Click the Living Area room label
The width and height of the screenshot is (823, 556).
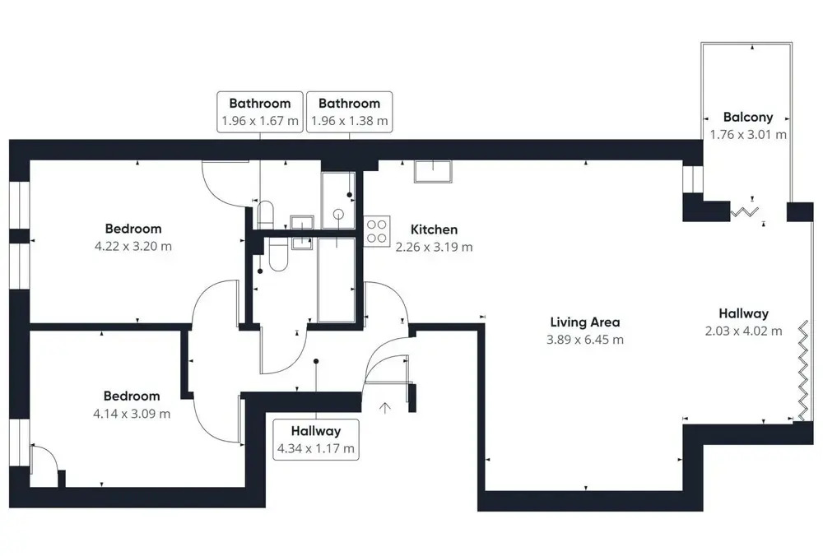click(x=584, y=322)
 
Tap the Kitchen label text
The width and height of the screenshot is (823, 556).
click(x=434, y=229)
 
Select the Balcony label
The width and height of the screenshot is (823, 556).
click(x=748, y=117)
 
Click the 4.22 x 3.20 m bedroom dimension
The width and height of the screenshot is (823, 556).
click(x=133, y=246)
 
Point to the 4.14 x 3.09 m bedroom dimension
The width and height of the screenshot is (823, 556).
click(x=132, y=414)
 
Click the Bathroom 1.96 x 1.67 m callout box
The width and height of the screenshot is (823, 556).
click(x=260, y=112)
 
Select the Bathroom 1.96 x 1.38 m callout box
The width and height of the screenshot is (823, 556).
click(x=350, y=112)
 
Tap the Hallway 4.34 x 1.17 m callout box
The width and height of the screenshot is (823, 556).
click(x=316, y=439)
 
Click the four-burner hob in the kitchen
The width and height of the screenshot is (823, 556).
click(x=377, y=231)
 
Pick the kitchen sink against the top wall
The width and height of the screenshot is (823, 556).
click(x=433, y=172)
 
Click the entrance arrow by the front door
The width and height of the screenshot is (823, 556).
click(x=385, y=408)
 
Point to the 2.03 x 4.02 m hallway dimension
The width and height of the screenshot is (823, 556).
click(x=744, y=331)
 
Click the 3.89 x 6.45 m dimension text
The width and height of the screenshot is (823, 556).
click(x=585, y=340)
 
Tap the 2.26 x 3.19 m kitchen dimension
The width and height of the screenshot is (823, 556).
click(x=434, y=247)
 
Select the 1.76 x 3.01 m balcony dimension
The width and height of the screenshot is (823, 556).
click(x=748, y=134)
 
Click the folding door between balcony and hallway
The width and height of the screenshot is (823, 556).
click(x=744, y=212)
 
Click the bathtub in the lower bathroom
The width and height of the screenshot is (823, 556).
click(x=337, y=280)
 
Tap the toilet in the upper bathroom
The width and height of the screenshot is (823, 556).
click(x=265, y=215)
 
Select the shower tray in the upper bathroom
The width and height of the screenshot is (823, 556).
click(x=338, y=200)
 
